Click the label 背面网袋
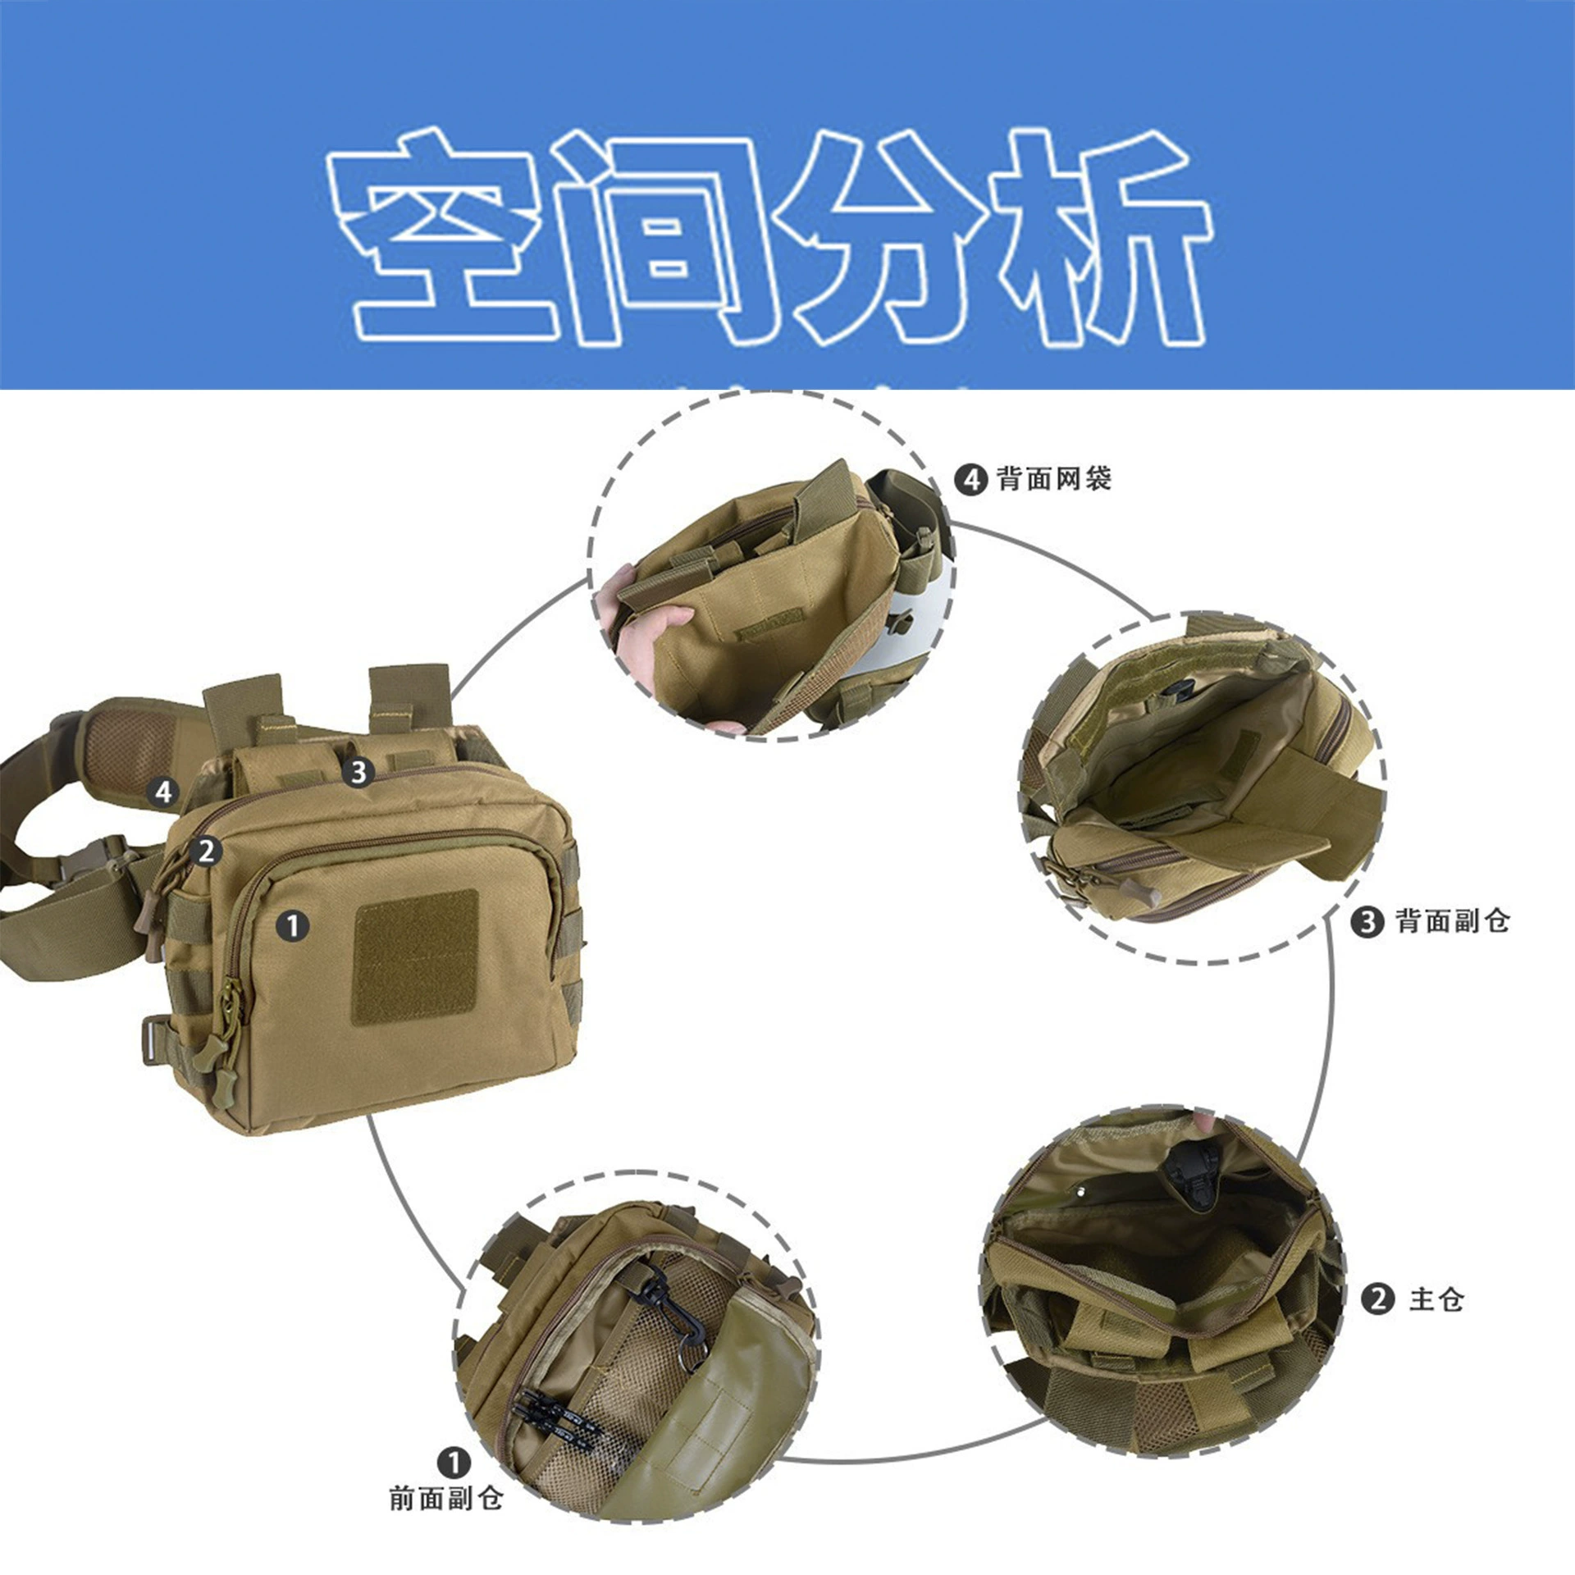(x=1054, y=478)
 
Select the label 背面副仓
(x=1453, y=921)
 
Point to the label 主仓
(x=1436, y=1299)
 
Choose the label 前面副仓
(x=446, y=1498)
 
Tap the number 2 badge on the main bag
(x=206, y=851)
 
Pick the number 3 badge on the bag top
(x=358, y=772)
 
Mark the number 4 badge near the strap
(x=163, y=792)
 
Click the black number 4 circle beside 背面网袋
(x=970, y=479)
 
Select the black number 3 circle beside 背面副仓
(x=1367, y=922)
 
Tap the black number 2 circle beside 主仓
(x=1378, y=1299)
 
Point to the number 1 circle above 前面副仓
(x=454, y=1463)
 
